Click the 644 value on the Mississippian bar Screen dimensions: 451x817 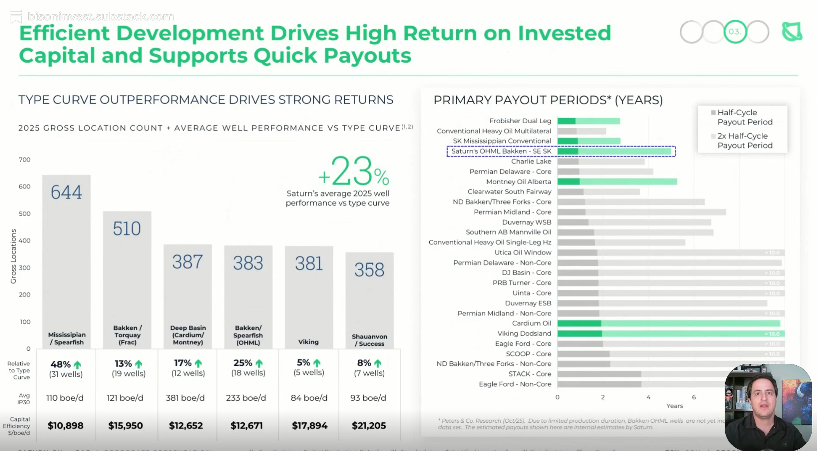point(66,192)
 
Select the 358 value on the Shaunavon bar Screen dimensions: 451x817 point(369,269)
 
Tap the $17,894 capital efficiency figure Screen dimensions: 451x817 point(310,425)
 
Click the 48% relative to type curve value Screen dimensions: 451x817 point(61,364)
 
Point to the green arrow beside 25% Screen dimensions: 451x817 point(259,363)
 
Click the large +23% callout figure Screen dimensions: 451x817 point(354,172)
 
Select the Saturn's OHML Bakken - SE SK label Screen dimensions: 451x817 point(501,151)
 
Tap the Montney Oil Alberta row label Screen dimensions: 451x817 point(518,182)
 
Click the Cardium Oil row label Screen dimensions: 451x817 point(531,323)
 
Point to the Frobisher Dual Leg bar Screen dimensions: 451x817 point(588,121)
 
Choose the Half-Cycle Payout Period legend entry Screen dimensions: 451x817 point(745,117)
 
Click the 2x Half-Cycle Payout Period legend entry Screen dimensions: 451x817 point(745,140)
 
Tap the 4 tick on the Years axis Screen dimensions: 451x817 point(648,397)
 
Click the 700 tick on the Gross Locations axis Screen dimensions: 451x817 point(25,159)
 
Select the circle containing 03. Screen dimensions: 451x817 point(735,32)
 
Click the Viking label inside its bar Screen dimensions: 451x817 point(308,342)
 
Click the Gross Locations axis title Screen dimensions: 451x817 point(13,256)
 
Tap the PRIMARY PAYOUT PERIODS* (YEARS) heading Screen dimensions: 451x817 point(548,100)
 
